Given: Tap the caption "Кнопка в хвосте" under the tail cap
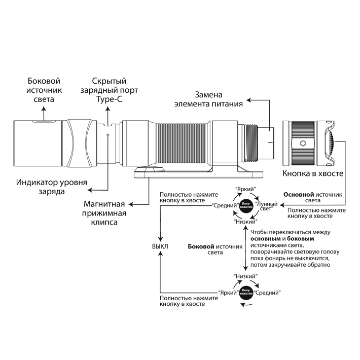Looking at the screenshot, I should click(x=313, y=174).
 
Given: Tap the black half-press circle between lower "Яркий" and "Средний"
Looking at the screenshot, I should click(x=246, y=293).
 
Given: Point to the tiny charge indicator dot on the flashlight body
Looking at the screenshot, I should click(x=108, y=135).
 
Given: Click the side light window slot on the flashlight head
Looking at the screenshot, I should click(x=42, y=122).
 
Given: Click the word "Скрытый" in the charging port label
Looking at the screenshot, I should click(x=109, y=81).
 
